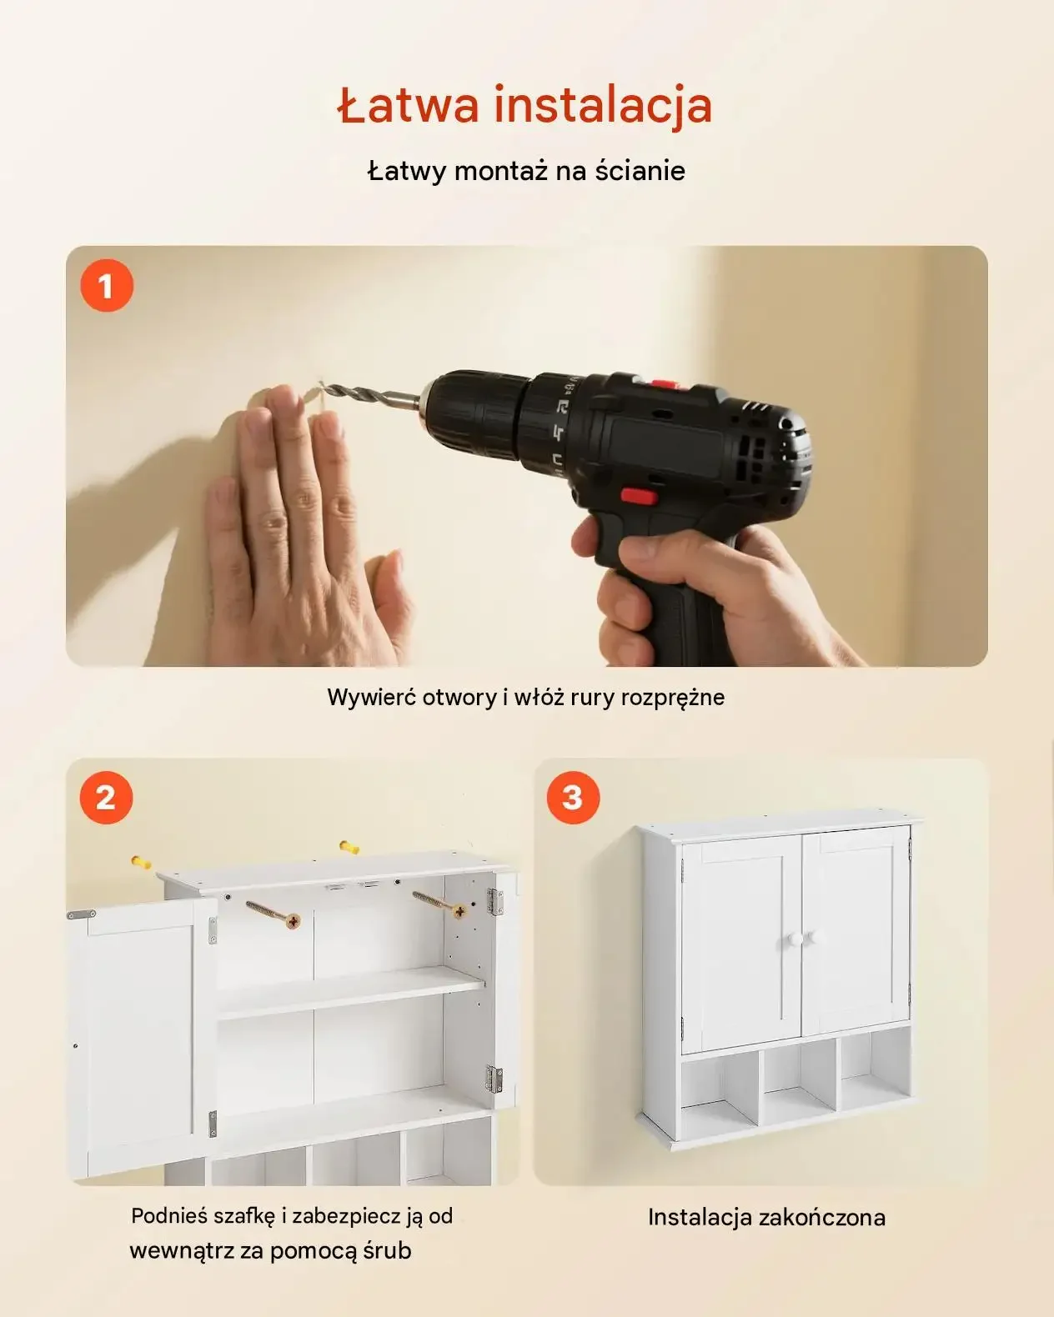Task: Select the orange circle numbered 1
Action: click(x=107, y=285)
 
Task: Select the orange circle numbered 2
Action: click(x=106, y=798)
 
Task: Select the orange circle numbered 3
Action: click(x=573, y=798)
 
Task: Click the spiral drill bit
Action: click(x=370, y=395)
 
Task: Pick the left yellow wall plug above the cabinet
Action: click(x=142, y=862)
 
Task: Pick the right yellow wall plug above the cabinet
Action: click(x=349, y=847)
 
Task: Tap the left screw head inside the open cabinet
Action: click(x=294, y=921)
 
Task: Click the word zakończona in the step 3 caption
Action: click(x=822, y=1218)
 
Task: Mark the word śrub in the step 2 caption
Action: click(x=387, y=1250)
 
